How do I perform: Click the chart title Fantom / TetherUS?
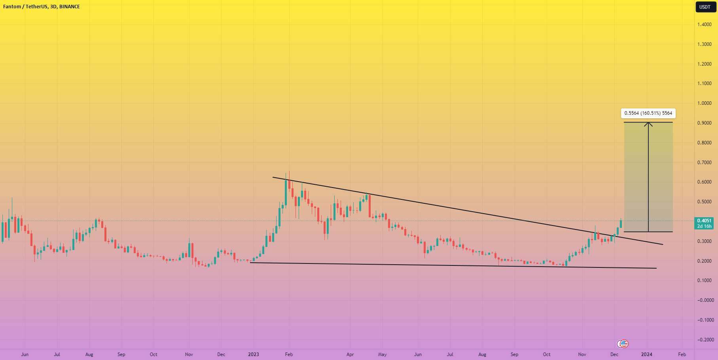click(25, 7)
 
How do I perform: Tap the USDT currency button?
click(705, 7)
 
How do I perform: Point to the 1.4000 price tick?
click(704, 25)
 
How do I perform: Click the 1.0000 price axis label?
click(704, 103)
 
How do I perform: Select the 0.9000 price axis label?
click(704, 123)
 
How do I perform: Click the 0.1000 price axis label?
click(704, 280)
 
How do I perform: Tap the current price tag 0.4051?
click(704, 221)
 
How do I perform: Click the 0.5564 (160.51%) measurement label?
click(648, 113)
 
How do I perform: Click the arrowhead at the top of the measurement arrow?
click(648, 123)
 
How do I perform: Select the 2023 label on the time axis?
click(254, 354)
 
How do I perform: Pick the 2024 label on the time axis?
click(647, 354)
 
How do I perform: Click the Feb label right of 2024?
click(682, 354)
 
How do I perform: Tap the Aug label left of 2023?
click(89, 354)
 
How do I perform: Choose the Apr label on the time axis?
click(350, 354)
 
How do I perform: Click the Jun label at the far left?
click(25, 354)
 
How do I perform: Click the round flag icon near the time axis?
click(623, 344)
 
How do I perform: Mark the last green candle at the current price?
click(621, 224)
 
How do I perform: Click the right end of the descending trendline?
click(663, 244)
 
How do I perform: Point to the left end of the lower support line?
click(251, 262)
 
